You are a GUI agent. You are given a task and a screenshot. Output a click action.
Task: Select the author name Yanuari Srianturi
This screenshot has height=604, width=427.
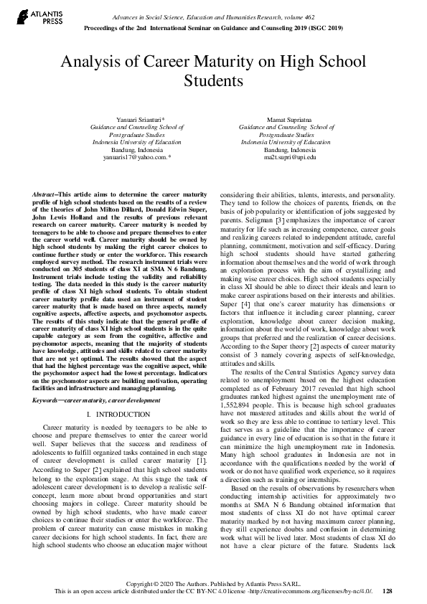pyautogui.click(x=135, y=116)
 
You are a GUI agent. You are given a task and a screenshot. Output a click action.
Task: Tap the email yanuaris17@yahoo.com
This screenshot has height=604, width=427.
pyautogui.click(x=136, y=156)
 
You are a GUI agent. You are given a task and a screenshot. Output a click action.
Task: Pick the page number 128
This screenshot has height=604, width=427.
pyautogui.click(x=388, y=590)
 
